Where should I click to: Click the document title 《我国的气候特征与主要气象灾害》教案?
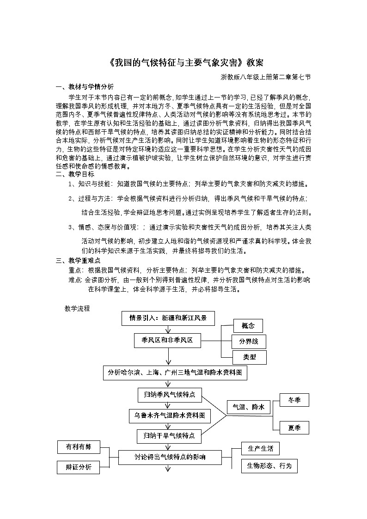click(183, 63)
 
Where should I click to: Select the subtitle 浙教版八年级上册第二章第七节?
click(265, 77)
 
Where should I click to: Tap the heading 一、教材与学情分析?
click(85, 86)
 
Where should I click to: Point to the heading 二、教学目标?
click(75, 174)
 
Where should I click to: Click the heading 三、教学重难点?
click(78, 261)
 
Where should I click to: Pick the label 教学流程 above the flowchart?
click(77, 309)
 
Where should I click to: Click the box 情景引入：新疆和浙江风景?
click(168, 318)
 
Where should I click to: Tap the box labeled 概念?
click(248, 326)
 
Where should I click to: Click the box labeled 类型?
click(248, 357)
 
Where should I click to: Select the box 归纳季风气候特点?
click(169, 395)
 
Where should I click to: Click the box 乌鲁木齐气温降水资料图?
click(170, 415)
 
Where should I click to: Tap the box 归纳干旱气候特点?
click(169, 436)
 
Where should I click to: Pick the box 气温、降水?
click(248, 407)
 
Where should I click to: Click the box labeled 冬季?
click(294, 400)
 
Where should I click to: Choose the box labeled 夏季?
click(294, 427)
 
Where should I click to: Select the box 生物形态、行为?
click(269, 466)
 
